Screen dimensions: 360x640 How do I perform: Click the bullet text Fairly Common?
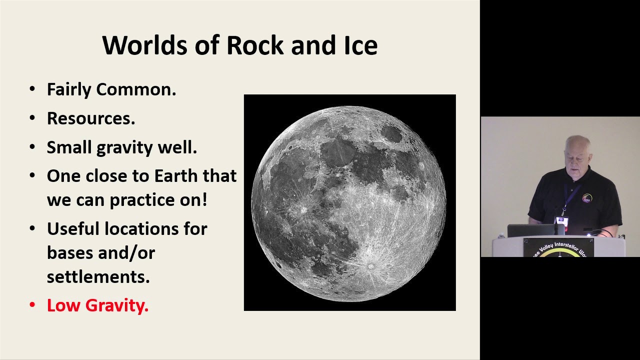pyautogui.click(x=111, y=89)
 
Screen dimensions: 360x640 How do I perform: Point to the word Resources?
pyautogui.click(x=91, y=118)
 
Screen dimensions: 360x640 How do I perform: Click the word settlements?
pyautogui.click(x=98, y=276)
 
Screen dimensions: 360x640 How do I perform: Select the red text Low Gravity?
pyautogui.click(x=97, y=305)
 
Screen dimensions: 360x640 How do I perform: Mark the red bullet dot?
pyautogui.click(x=32, y=305)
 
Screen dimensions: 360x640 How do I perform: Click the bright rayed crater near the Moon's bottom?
pyautogui.click(x=370, y=266)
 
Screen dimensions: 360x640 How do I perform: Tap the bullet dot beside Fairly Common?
pyautogui.click(x=32, y=89)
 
